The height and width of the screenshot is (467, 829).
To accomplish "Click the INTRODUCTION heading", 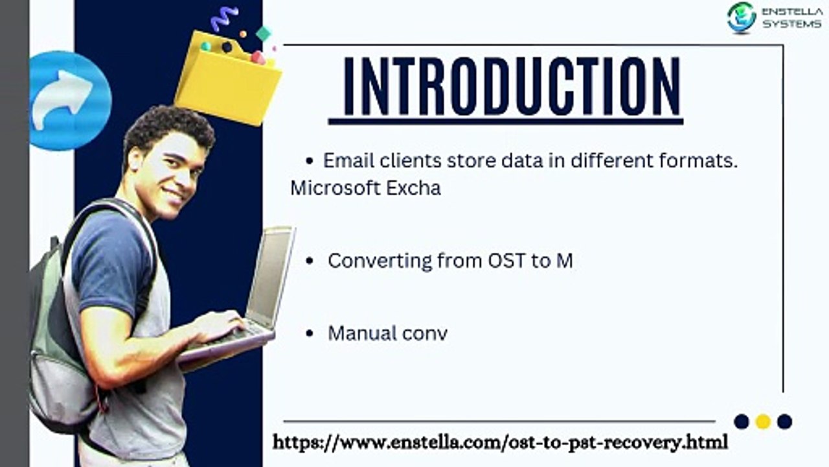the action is tap(512, 86).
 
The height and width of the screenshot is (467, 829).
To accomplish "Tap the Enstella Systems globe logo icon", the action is tap(742, 18).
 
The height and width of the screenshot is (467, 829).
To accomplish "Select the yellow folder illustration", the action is tap(228, 78).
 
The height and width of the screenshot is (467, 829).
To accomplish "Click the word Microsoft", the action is tap(335, 188).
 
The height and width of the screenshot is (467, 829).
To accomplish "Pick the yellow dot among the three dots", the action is tap(763, 422).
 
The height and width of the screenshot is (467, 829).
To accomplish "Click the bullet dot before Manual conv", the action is tap(310, 333).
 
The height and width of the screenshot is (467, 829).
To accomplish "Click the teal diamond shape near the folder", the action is tap(264, 34).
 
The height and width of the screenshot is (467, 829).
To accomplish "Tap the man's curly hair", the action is tap(168, 128).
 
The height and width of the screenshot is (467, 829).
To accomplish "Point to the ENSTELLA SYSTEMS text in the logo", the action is tap(792, 18).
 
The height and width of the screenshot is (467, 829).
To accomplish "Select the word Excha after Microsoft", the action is tap(413, 188).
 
